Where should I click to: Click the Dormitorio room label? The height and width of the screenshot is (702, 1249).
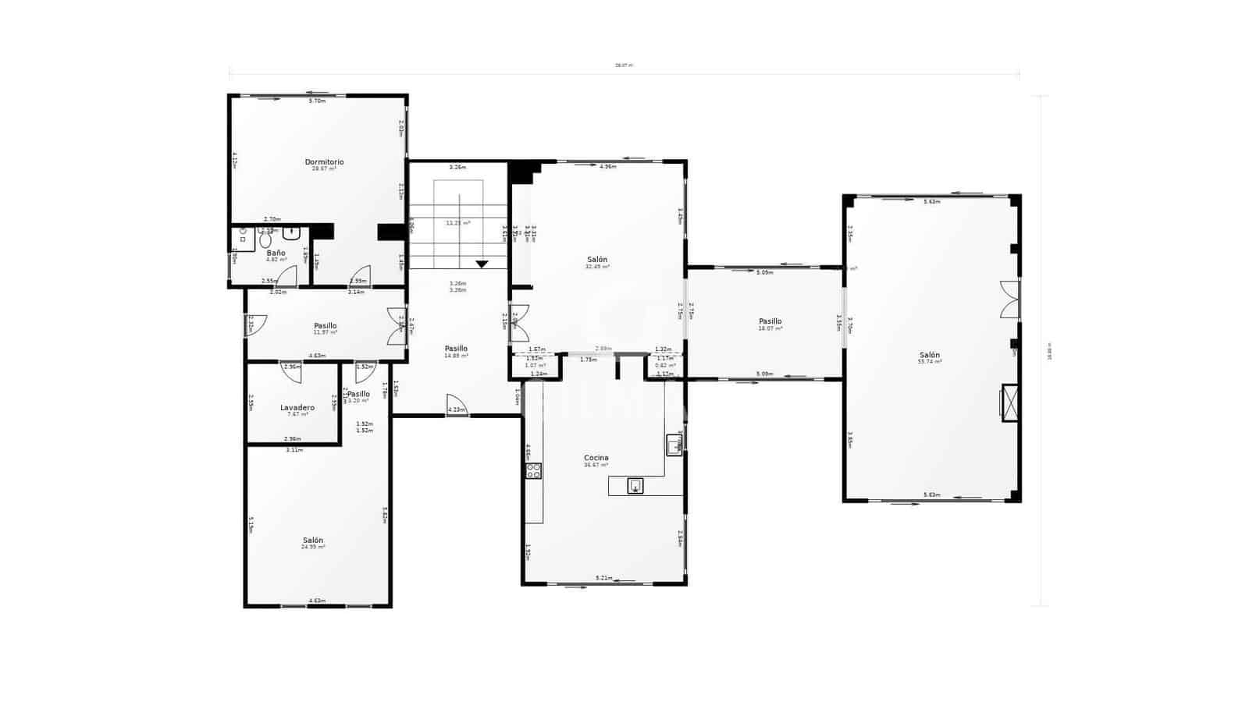(x=324, y=162)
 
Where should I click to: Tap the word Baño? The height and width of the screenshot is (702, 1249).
(x=276, y=253)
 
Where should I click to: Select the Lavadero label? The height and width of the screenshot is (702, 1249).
(x=297, y=407)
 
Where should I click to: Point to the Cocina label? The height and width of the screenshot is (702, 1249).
(x=596, y=458)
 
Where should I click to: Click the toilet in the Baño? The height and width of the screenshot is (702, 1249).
(x=265, y=239)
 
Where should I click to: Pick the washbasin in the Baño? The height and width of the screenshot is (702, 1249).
(x=292, y=232)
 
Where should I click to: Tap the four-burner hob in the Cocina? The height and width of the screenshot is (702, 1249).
(x=533, y=470)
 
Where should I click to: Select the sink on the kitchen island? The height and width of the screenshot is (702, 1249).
(x=635, y=486)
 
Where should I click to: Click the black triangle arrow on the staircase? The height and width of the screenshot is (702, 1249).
(x=482, y=264)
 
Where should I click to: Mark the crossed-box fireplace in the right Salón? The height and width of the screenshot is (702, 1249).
(x=1010, y=403)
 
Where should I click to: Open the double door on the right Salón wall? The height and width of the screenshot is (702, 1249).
(x=1010, y=300)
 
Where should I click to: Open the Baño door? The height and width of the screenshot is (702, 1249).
(x=288, y=276)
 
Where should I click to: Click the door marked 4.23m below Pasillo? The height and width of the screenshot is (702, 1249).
(x=457, y=406)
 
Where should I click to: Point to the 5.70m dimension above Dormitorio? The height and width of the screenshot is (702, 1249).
(x=317, y=101)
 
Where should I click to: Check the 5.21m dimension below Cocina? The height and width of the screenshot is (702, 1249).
(x=603, y=578)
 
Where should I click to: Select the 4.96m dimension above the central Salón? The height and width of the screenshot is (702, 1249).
(x=607, y=166)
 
